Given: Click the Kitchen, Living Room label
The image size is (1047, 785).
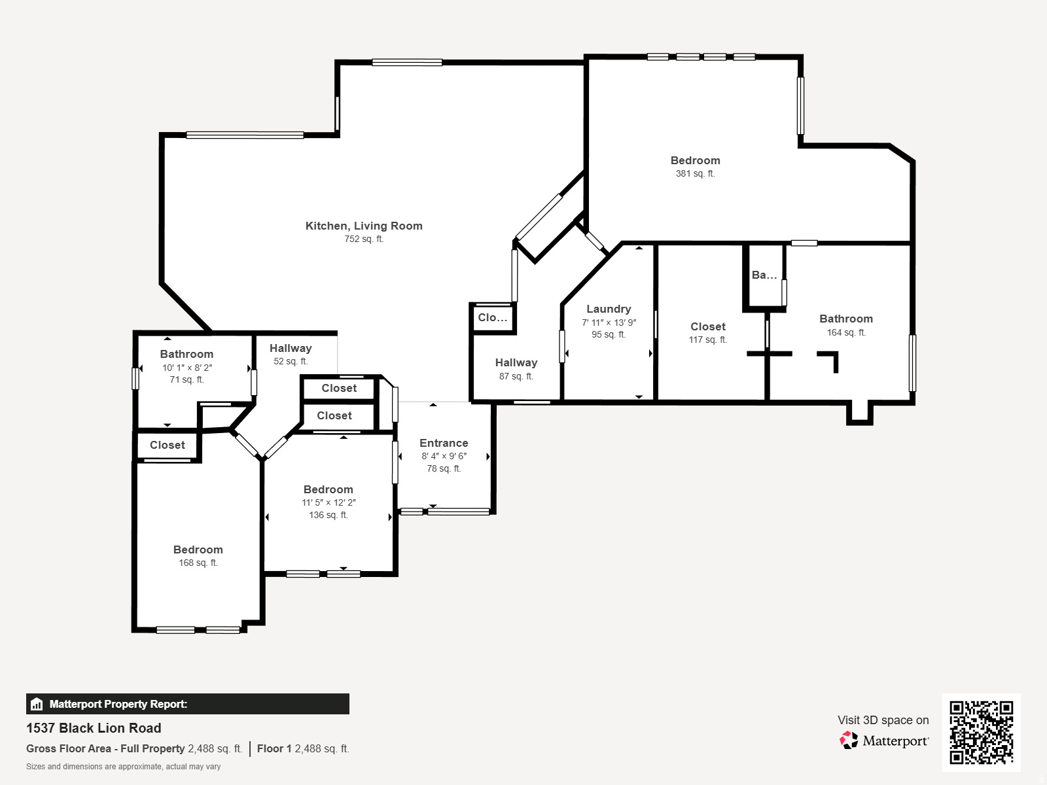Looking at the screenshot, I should point(364,226).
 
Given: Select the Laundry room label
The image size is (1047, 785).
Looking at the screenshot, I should point(609,309).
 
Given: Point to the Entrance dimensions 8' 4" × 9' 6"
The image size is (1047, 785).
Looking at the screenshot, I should point(444,456).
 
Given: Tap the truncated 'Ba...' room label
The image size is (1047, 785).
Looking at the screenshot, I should point(764,275).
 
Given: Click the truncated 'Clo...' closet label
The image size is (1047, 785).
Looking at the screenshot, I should point(492,318).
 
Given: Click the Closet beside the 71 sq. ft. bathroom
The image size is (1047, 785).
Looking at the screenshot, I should point(167,445).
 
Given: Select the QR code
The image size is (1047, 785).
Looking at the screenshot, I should point(981,732).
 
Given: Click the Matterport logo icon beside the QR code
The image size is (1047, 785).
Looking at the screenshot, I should point(849,741).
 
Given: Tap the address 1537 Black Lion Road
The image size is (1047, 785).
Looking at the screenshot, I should point(94,728).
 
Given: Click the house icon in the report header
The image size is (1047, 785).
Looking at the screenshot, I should point(37,705).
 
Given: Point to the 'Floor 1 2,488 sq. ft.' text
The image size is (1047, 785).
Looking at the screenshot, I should point(302,748).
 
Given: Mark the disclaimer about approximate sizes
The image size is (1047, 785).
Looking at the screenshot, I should point(123,767).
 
